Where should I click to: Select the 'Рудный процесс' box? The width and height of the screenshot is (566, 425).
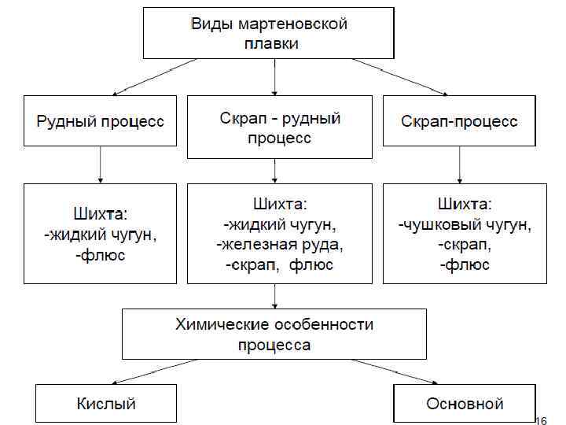100,121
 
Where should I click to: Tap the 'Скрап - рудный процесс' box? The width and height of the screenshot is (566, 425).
279,128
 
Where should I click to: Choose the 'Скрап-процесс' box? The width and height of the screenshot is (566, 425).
459,121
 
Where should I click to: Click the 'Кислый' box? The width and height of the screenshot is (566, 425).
106,403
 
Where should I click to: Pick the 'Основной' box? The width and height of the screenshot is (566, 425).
464,404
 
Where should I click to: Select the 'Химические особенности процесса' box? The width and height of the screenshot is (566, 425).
274,334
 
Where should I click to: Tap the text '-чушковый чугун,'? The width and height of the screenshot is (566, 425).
464,226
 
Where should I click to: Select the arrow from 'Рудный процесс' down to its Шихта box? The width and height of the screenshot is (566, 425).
100,164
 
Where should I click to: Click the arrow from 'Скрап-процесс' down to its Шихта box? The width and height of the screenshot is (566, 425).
459,164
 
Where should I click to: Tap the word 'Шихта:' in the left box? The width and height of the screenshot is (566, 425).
100,214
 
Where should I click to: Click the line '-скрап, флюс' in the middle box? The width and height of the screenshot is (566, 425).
280,264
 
